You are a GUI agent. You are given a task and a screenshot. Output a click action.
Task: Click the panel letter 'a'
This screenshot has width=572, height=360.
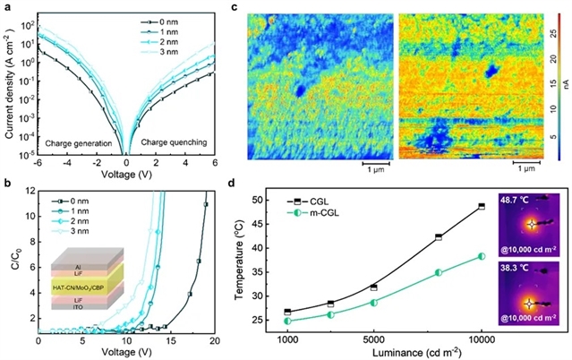click(6, 8)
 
